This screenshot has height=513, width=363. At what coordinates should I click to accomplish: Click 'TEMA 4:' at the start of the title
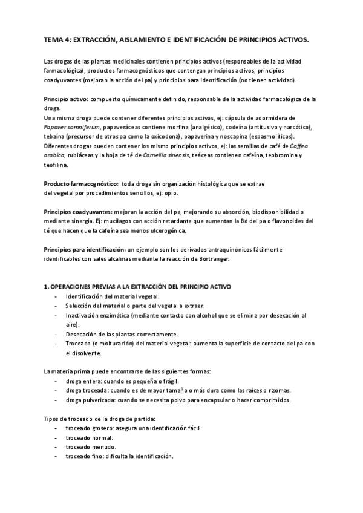pyautogui.click(x=57, y=39)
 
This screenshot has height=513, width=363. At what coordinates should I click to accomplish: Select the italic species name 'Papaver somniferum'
pyautogui.click(x=72, y=127)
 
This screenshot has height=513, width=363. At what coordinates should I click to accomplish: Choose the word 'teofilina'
pyautogui.click(x=56, y=164)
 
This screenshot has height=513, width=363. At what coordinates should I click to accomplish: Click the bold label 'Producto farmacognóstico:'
pyautogui.click(x=81, y=183)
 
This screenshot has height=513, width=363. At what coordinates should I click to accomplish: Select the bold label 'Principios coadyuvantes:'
pyautogui.click(x=77, y=212)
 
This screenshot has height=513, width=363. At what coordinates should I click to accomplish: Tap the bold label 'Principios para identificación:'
pyautogui.click(x=84, y=249)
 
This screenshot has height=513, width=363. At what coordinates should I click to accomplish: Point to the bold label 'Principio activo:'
pyautogui.click(x=66, y=98)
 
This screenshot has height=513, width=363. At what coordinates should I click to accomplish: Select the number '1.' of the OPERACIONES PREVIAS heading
pyautogui.click(x=47, y=286)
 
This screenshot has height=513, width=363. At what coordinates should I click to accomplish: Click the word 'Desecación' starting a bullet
pyautogui.click(x=81, y=334)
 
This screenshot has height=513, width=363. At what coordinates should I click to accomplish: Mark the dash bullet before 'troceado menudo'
pyautogui.click(x=56, y=446)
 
